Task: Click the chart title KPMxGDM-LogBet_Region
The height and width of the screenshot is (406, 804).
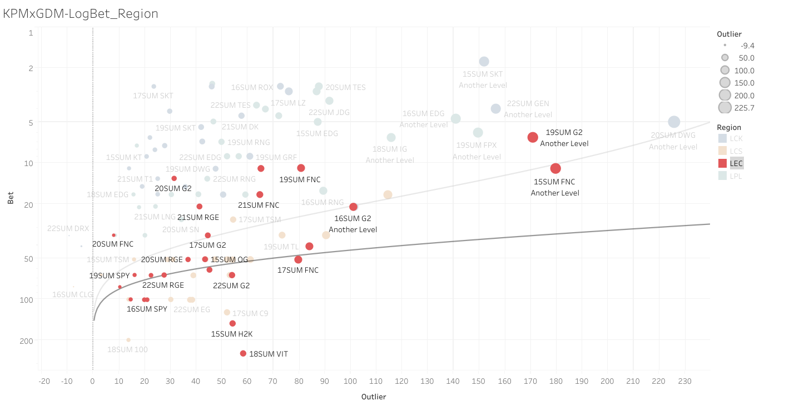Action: (x=81, y=14)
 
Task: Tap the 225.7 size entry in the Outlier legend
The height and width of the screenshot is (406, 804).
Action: (x=724, y=108)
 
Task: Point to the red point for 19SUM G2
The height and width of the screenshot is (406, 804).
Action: (x=533, y=137)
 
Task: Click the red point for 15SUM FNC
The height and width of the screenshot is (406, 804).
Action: (x=555, y=168)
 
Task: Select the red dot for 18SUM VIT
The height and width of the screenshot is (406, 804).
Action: (x=243, y=353)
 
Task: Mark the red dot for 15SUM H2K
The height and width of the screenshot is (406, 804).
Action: (x=232, y=323)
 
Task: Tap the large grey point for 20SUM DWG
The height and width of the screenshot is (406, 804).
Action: (x=674, y=122)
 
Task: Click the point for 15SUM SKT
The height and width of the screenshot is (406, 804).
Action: (x=484, y=62)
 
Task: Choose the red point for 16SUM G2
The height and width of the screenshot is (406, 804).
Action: (x=353, y=207)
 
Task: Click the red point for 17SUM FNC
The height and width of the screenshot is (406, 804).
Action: (x=298, y=259)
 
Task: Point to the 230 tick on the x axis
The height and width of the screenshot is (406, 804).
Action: (x=684, y=382)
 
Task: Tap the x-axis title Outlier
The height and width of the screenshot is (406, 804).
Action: (x=374, y=397)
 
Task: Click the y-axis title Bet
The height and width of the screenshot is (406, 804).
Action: (x=11, y=198)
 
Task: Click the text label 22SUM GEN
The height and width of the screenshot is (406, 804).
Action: (x=528, y=104)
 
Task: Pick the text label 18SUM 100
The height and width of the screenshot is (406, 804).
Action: (x=127, y=349)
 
